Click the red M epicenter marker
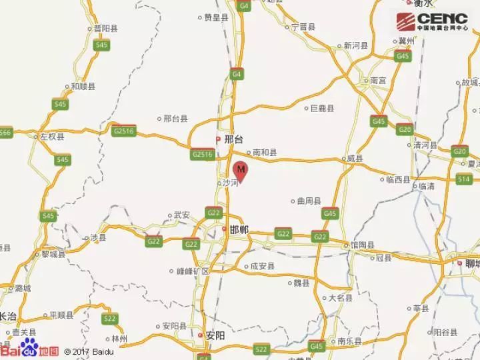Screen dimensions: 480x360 click(x=241, y=170)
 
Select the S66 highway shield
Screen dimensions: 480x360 click(x=5, y=133)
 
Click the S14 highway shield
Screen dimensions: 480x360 click(x=464, y=179)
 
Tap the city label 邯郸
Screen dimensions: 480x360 click(x=238, y=229)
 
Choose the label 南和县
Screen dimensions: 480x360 click(x=263, y=152)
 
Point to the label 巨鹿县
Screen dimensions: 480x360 click(x=323, y=108)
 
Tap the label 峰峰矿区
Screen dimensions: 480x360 click(x=193, y=271)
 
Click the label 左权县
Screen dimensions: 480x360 click(x=52, y=136)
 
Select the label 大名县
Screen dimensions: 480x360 click(x=339, y=298)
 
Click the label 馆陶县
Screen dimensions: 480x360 click(x=363, y=245)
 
